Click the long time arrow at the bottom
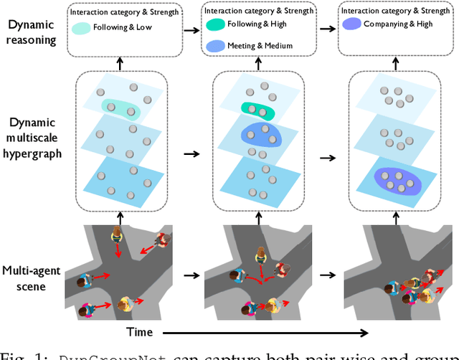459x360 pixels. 265,332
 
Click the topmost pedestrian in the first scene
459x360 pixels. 117,236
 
